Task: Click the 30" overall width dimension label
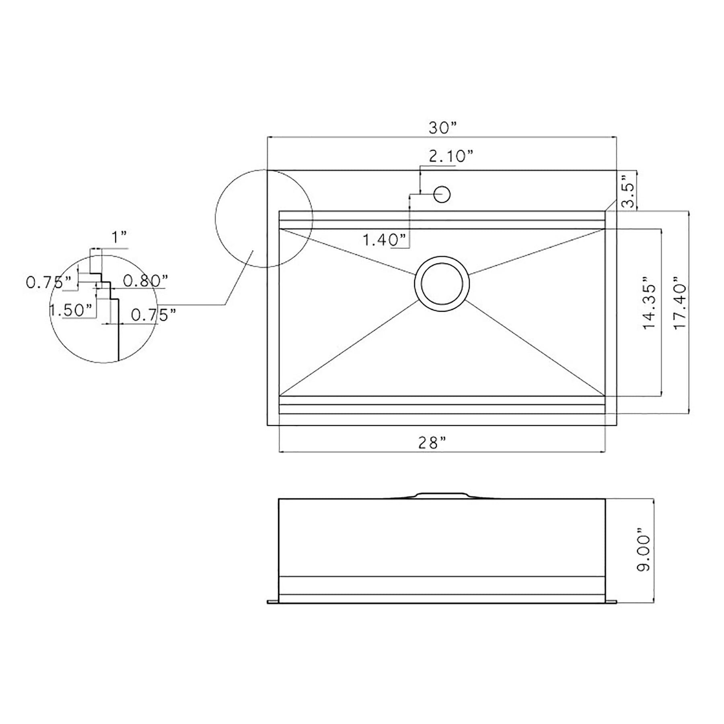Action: (443, 128)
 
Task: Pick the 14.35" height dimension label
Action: (649, 302)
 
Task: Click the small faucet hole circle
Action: (442, 194)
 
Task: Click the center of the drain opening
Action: (442, 284)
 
